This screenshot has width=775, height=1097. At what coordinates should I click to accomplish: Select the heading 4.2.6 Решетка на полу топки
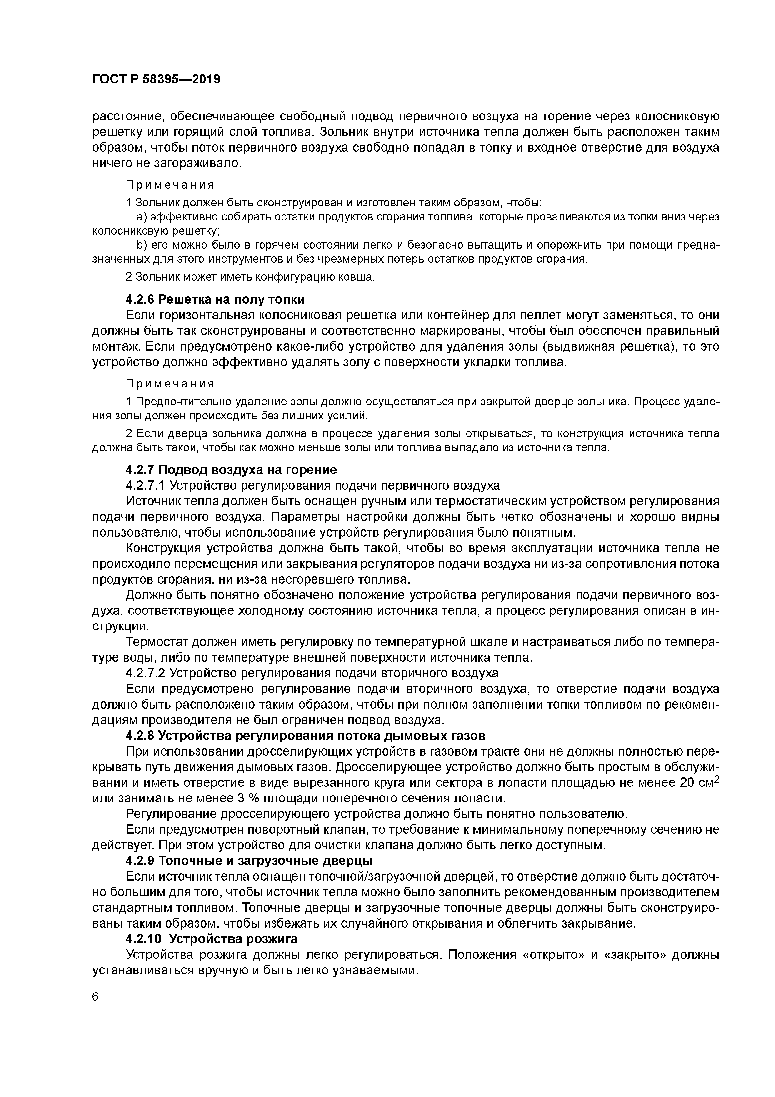[x=215, y=299]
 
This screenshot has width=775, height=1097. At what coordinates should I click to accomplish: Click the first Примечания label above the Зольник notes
[x=170, y=185]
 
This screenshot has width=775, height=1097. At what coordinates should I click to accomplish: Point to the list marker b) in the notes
[x=141, y=245]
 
